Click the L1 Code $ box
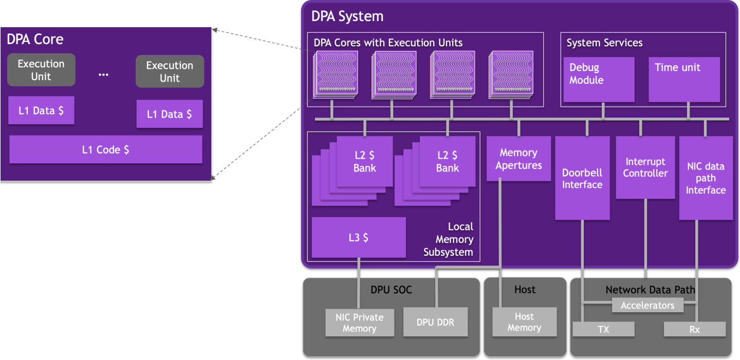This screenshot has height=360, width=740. [105, 149]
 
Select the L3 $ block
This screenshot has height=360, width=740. [358, 237]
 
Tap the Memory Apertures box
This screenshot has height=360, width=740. [519, 159]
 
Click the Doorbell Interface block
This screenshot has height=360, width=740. [582, 178]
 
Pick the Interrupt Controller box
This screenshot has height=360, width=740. [645, 167]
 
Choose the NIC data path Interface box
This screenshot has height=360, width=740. [706, 178]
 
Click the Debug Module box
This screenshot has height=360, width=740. [599, 80]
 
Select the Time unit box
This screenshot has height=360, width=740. [683, 80]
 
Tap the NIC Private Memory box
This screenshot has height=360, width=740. [359, 323]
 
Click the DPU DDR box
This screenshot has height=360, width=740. [435, 322]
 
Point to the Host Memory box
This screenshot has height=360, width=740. [524, 322]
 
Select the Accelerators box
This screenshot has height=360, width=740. [647, 306]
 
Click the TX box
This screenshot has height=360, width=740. [603, 329]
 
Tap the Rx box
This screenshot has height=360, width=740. [694, 329]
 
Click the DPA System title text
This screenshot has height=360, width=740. [347, 16]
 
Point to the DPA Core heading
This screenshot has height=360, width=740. [35, 39]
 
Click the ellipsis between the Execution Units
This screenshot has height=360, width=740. [103, 74]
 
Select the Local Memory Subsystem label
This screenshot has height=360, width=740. [448, 239]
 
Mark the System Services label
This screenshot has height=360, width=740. [604, 43]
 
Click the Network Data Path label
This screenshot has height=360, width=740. [650, 290]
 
